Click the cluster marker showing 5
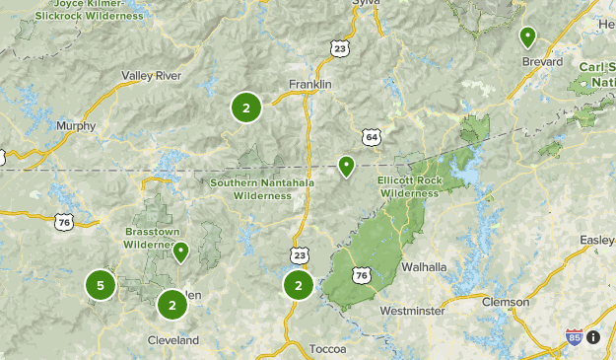100,286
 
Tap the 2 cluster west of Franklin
246,108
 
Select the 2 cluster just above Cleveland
172,305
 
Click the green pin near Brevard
528,37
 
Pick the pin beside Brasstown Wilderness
181,252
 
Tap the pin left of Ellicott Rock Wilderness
346,166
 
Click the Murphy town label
76,126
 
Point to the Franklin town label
309,84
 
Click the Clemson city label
506,302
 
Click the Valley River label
152,75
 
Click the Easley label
596,240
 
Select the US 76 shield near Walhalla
362,274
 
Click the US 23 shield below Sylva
340,46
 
